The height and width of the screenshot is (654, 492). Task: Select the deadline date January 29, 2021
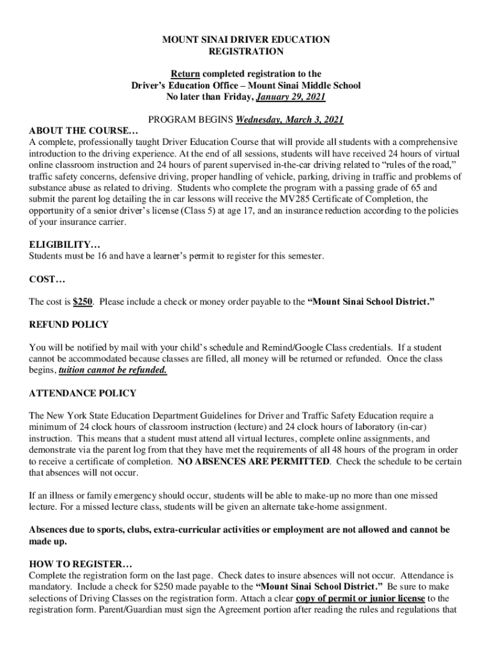coord(291,97)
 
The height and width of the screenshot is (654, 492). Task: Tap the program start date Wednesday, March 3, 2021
coord(290,119)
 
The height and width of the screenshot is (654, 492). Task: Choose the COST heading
coord(48,279)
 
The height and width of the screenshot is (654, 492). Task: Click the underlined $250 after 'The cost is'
coord(83,301)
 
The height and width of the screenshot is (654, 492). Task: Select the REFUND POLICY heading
coord(69,324)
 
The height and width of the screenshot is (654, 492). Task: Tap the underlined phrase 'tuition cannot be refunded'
coord(113,370)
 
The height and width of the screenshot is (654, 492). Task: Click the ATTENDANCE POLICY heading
coord(82,393)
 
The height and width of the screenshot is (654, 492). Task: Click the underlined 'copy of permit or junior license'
coord(360,598)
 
